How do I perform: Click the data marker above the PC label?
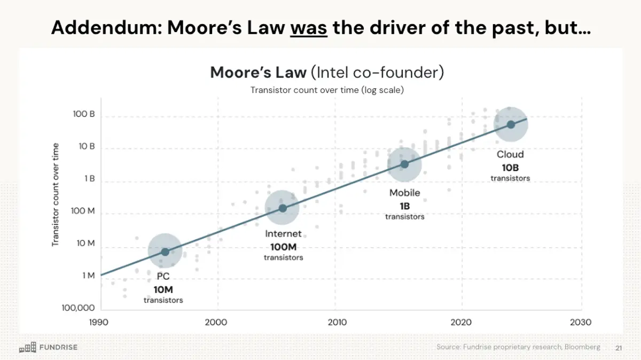tap(165, 252)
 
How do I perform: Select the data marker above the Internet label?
tap(283, 208)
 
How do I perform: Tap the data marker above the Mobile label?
tap(404, 164)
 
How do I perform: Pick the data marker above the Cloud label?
tap(511, 124)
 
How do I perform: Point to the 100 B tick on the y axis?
tap(84, 114)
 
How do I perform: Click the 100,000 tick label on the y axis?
tap(79, 308)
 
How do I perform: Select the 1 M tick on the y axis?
tap(88, 276)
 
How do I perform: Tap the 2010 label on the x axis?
tap(337, 322)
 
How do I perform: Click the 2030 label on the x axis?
tap(581, 322)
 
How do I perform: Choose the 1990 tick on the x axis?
tap(99, 322)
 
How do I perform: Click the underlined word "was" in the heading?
tap(309, 27)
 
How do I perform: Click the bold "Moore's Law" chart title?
tap(259, 73)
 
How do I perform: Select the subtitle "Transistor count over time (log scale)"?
tap(327, 90)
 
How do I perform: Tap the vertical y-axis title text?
tap(56, 195)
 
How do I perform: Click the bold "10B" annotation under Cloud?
tap(511, 167)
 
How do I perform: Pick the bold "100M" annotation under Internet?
tap(283, 247)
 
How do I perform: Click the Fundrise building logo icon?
tap(28, 347)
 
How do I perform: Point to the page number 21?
tap(619, 347)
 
